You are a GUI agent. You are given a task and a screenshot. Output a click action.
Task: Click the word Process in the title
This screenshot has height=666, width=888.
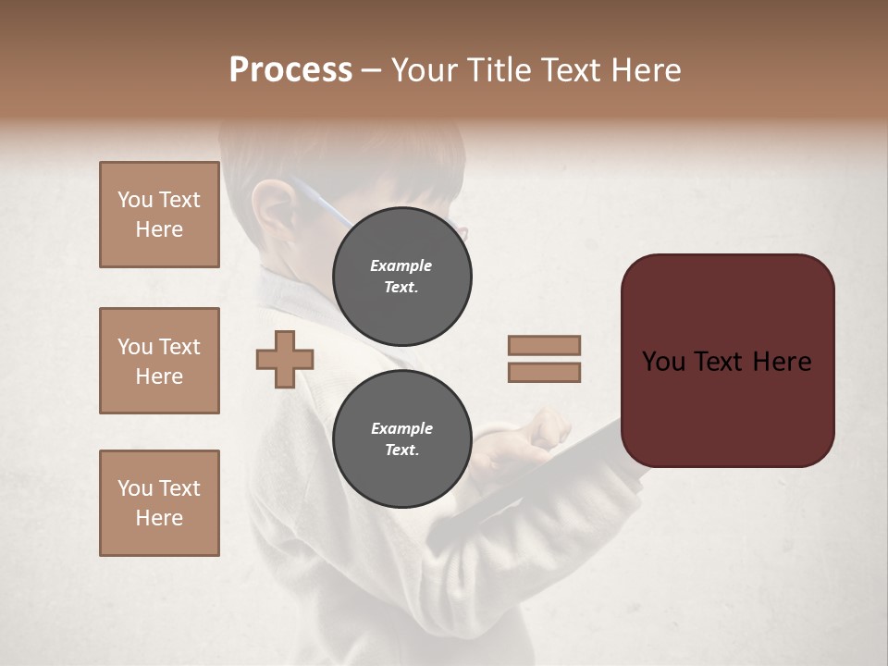290,70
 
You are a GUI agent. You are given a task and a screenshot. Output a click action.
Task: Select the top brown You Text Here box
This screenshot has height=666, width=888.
159,215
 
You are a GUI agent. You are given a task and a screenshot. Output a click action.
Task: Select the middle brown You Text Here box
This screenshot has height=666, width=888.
159,361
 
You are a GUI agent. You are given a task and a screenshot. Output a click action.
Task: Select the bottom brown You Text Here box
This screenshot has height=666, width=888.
159,503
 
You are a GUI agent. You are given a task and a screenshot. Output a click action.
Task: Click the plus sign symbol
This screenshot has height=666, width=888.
285,359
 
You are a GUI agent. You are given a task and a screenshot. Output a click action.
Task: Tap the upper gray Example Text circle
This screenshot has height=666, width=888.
401,276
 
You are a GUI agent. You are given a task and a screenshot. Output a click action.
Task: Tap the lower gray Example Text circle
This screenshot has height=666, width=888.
401,438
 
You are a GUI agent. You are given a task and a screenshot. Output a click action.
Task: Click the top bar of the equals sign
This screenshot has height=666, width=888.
544,345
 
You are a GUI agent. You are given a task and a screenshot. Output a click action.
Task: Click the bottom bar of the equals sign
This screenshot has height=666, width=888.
544,372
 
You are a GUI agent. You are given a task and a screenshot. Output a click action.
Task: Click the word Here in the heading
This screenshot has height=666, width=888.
645,70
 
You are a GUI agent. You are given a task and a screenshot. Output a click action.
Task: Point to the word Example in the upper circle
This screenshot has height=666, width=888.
401,265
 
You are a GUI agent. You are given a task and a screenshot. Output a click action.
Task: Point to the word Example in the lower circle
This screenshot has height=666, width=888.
401,428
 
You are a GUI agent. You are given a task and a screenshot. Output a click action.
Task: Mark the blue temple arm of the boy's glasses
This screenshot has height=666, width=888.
324,199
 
